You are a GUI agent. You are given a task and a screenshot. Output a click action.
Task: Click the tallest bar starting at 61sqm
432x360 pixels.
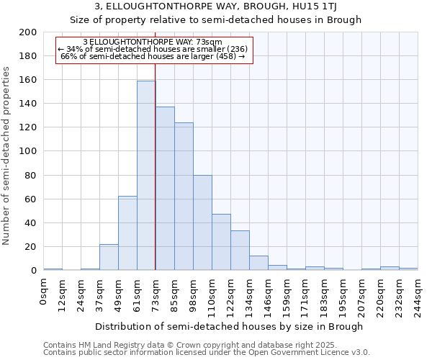point(146,176)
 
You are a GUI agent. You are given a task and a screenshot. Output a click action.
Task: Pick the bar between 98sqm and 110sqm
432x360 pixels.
point(202,222)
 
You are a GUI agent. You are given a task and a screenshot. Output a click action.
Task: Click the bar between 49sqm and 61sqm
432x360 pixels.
point(127,233)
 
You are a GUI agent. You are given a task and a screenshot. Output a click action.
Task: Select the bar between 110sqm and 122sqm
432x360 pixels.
point(221,242)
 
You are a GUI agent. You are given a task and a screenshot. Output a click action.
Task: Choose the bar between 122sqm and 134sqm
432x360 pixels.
point(240,251)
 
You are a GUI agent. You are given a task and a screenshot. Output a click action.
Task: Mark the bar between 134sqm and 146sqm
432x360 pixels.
point(258,263)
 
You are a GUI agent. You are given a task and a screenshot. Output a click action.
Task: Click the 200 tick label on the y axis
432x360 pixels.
point(28,32)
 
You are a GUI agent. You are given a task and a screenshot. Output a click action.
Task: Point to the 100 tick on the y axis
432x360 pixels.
point(28,151)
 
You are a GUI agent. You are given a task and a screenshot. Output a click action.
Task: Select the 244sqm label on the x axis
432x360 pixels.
point(418,292)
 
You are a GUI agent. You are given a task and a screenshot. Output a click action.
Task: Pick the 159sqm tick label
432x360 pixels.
point(287,292)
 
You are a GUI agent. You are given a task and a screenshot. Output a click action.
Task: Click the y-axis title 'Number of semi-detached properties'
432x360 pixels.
point(7,156)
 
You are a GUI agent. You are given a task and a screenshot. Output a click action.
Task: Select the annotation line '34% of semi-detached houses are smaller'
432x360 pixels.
point(153,49)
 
